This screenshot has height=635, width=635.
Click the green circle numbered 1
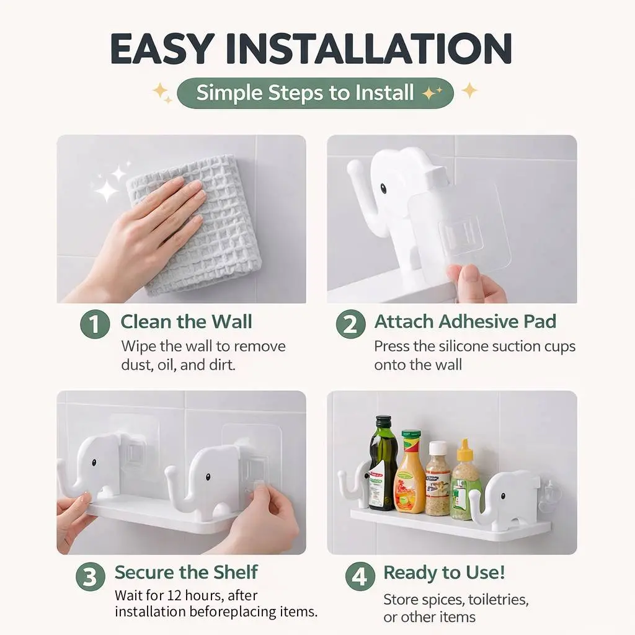(95, 324)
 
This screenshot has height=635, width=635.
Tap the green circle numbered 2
(351, 324)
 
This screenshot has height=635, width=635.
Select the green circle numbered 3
(91, 576)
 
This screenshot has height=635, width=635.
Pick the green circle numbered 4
(360, 576)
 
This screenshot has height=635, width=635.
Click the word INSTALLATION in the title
(369, 48)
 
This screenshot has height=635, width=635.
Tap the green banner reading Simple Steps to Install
(315, 93)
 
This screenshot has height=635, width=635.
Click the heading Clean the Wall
(186, 322)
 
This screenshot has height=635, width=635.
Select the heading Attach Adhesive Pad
(465, 322)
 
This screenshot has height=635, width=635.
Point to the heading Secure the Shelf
(186, 572)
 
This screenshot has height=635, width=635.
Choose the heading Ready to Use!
(444, 572)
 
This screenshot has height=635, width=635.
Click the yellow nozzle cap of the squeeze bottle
(464, 450)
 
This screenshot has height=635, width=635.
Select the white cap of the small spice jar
(437, 448)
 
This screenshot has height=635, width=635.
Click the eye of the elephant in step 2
(383, 189)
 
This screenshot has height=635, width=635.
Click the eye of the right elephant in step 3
(208, 477)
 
